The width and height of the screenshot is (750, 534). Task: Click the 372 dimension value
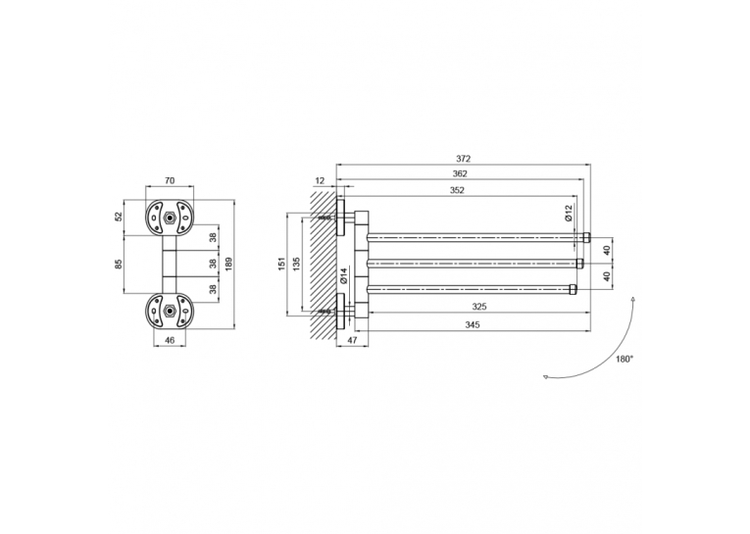coord(463,159)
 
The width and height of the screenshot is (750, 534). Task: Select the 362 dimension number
coord(460,174)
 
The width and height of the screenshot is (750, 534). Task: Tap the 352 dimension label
coord(457,190)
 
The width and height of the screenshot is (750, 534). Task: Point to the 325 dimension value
coord(478,307)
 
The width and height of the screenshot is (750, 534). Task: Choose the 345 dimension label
coord(473,325)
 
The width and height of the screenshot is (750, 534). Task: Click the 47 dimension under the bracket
coord(352,340)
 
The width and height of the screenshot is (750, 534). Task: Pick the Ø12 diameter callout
coord(569,213)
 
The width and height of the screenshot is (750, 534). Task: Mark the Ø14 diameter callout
coord(343,276)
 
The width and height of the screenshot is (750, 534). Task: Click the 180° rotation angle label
coord(625,359)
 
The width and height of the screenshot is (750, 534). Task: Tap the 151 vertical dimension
coord(281,264)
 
